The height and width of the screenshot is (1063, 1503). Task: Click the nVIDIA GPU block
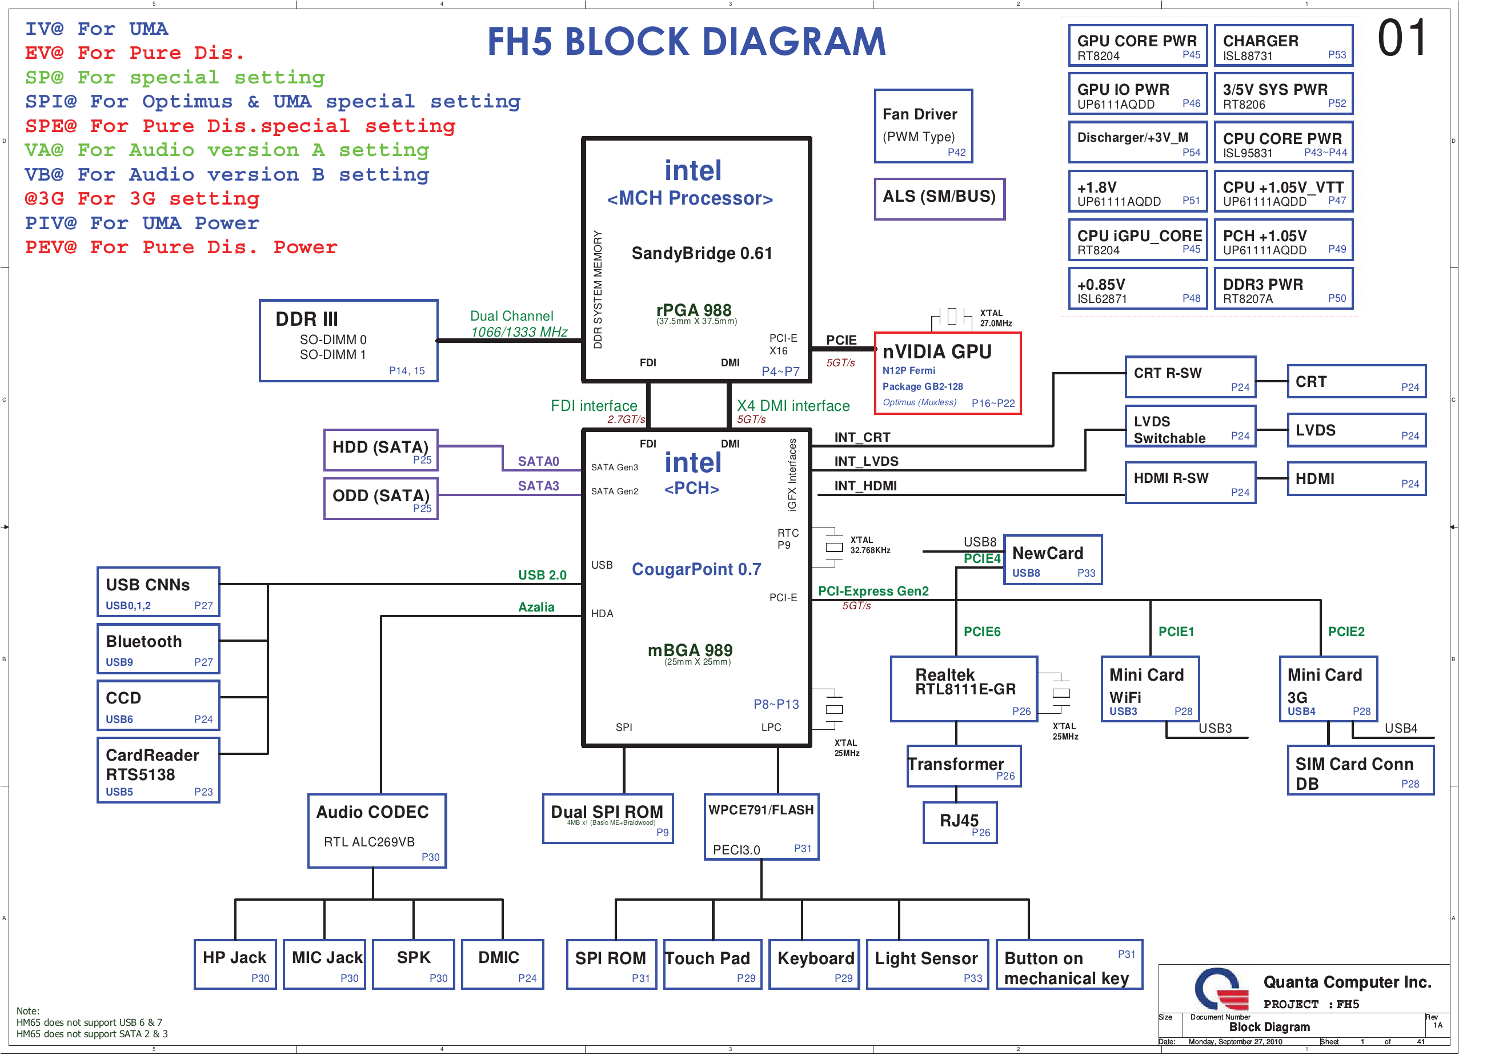point(947,373)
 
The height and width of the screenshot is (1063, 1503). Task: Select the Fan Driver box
point(923,126)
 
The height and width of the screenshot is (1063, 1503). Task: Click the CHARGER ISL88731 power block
point(1283,46)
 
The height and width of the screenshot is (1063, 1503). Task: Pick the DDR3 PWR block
point(1283,289)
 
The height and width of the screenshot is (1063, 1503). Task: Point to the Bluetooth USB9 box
point(158,649)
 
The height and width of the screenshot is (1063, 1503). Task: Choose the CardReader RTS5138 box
point(158,771)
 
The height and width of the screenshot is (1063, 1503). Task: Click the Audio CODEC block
point(377,831)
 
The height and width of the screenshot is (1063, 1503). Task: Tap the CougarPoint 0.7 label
point(696,569)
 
